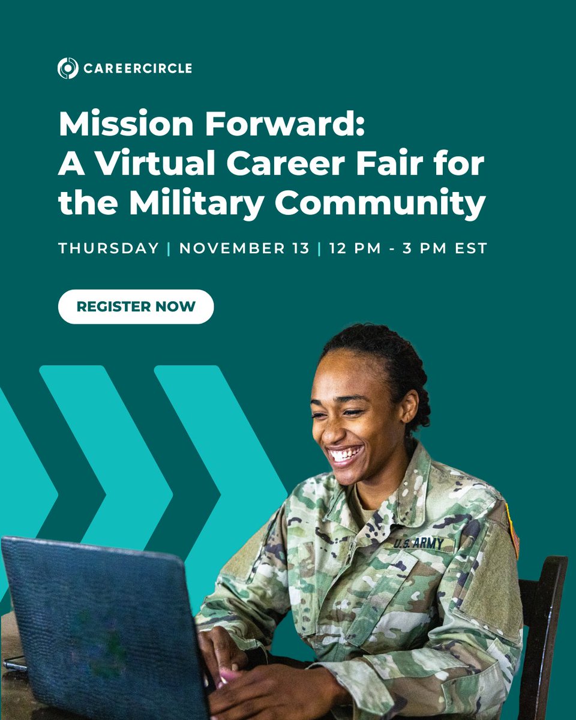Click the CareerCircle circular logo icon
(x=68, y=68)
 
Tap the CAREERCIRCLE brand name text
(x=137, y=68)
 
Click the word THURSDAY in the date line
(x=109, y=248)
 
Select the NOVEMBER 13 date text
(x=244, y=248)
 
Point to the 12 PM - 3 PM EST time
(x=408, y=248)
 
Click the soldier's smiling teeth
(x=346, y=454)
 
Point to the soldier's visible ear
(x=410, y=405)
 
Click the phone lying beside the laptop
(x=14, y=663)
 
